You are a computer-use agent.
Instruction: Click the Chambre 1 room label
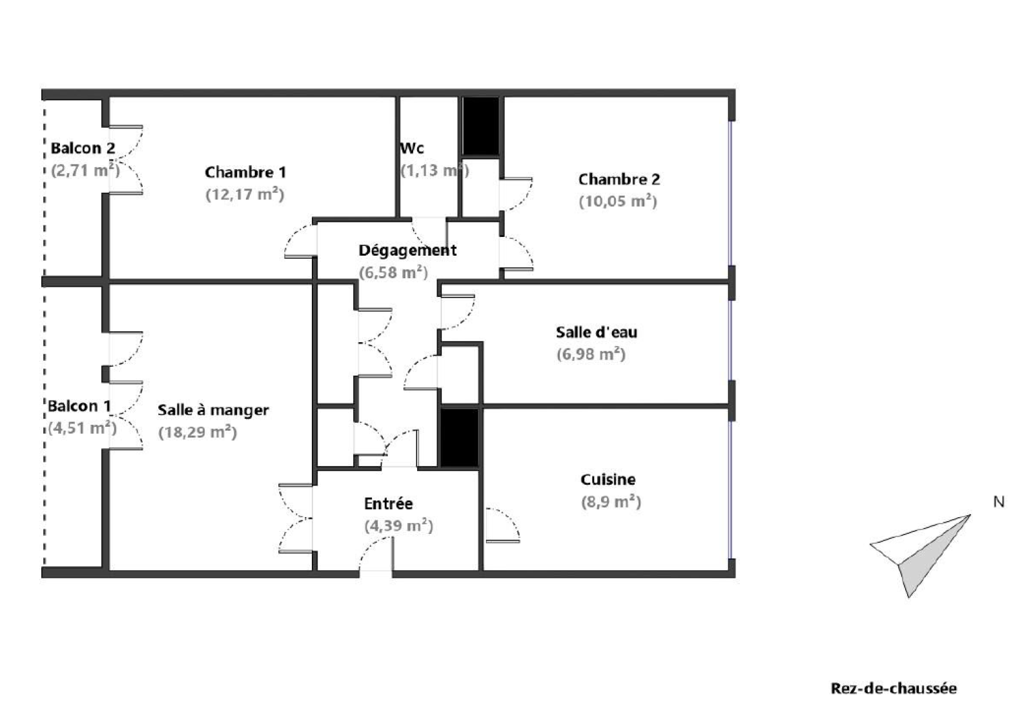[x=245, y=172]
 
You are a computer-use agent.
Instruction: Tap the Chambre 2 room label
[x=619, y=179]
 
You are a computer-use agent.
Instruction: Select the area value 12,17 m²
[x=245, y=194]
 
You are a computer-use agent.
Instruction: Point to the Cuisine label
[x=608, y=480]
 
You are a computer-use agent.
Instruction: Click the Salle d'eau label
[x=596, y=332]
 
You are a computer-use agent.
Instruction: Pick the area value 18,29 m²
[x=198, y=432]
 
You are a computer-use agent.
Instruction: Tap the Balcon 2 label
[x=83, y=148]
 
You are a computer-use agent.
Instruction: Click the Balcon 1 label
[x=79, y=406]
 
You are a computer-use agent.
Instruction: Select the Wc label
[x=412, y=148]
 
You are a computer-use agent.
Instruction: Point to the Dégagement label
[x=407, y=250]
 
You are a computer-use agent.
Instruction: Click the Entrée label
[x=388, y=504]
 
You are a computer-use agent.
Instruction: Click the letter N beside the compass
[x=998, y=502]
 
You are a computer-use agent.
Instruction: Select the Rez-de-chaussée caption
[x=894, y=688]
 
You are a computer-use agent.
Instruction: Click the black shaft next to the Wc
[x=481, y=126]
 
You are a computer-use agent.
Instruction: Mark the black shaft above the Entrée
[x=459, y=437]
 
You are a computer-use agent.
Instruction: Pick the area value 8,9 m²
[x=611, y=502]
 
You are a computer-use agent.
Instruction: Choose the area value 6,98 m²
[x=591, y=354]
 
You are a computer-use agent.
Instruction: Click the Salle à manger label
[x=213, y=410]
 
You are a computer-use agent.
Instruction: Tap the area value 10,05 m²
[x=618, y=201]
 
